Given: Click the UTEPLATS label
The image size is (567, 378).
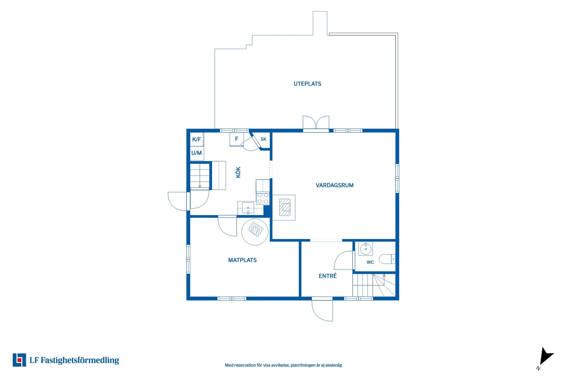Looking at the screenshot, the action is [x=307, y=84].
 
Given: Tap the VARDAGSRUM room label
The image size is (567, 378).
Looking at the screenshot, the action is [x=335, y=185].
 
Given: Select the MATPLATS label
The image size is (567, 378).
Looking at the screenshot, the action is [x=242, y=260].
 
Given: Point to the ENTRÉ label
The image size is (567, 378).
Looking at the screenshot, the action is [x=328, y=276].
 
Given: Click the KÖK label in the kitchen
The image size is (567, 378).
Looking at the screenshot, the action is [x=238, y=172].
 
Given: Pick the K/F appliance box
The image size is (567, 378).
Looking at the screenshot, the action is [x=197, y=139].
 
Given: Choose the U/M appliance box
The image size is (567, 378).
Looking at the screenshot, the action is [x=197, y=153].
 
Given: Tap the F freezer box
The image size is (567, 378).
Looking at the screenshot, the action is [x=237, y=139].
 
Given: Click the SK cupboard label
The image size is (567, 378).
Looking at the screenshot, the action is [x=263, y=139].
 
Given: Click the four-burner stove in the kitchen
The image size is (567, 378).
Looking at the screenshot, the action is [x=263, y=198].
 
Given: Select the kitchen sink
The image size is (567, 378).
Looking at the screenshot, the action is [x=248, y=208].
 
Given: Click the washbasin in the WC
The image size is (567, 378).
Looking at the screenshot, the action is [x=366, y=249].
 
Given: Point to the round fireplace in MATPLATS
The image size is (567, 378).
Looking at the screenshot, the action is [x=255, y=232].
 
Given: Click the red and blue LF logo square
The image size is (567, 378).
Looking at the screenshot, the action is [x=19, y=360].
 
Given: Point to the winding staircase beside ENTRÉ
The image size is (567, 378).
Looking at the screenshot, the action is [x=374, y=285].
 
